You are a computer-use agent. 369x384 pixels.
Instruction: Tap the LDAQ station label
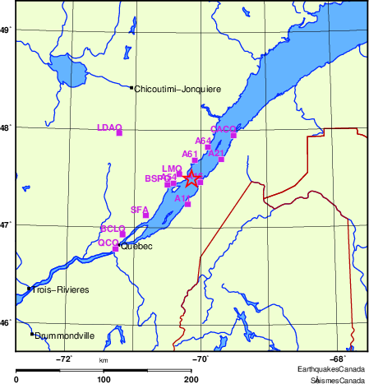[x=108, y=127]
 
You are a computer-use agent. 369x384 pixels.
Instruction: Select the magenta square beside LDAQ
[x=120, y=132]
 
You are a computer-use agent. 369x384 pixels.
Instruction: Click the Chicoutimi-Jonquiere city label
[x=172, y=89]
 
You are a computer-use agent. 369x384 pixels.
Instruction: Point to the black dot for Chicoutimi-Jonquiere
[x=131, y=88]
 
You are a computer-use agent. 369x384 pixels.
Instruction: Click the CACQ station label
[x=224, y=130]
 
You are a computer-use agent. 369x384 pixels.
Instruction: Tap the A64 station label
[x=203, y=141]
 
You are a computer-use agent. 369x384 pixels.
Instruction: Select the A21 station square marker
[x=221, y=159]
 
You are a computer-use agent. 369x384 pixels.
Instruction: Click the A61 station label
[x=190, y=154]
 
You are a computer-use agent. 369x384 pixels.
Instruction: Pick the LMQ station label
[x=172, y=169]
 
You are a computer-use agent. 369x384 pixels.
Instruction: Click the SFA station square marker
[x=146, y=215]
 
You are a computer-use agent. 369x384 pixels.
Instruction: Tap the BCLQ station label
[x=113, y=228]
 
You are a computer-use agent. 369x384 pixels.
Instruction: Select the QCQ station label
[x=108, y=243]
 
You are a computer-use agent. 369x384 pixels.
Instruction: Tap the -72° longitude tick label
[x=64, y=359]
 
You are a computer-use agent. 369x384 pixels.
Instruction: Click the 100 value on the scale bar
[x=104, y=379]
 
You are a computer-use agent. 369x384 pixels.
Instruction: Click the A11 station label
[x=182, y=198]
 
